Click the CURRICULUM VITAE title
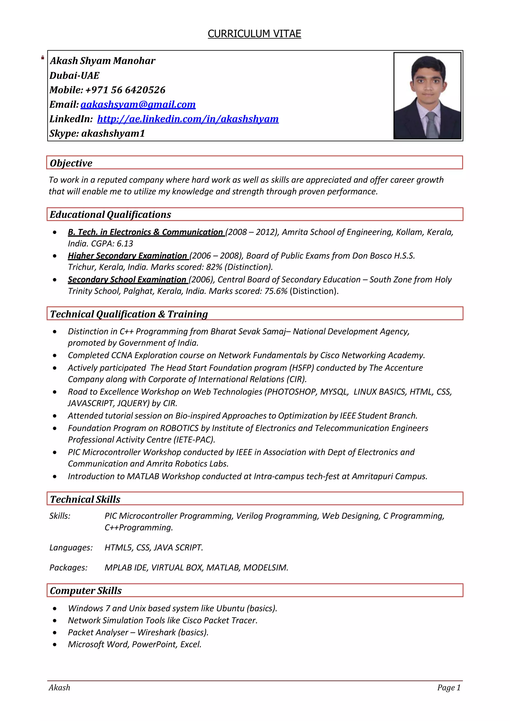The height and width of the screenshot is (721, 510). (254, 34)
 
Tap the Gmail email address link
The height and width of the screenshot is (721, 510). (138, 104)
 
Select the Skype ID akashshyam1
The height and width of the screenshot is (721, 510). (113, 133)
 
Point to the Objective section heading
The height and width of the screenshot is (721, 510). (71, 163)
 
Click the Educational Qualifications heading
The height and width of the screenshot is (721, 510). (110, 215)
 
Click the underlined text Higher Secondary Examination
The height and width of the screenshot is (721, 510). (127, 256)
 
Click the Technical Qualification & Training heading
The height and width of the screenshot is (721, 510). (129, 314)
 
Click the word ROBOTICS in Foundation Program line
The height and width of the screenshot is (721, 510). (179, 428)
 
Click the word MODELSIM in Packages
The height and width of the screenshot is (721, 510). (265, 567)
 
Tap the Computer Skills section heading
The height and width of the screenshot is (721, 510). (85, 590)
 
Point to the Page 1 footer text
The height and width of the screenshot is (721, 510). (448, 687)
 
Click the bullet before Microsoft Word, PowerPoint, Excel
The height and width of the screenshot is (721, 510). (55, 644)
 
